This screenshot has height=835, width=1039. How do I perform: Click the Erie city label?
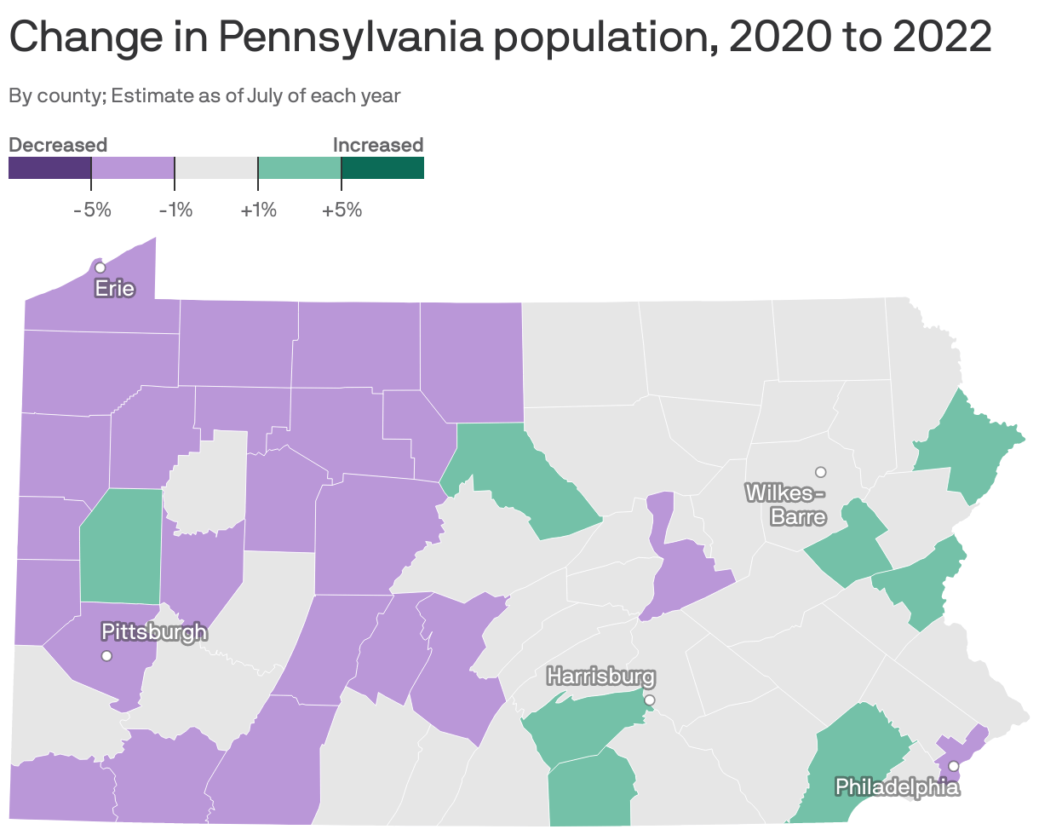coord(114,289)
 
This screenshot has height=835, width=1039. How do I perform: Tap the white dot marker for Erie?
coord(100,268)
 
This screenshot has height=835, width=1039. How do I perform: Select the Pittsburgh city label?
coord(153,631)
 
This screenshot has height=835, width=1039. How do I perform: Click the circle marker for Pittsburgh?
coord(106,655)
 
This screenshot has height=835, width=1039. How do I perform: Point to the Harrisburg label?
coord(601,677)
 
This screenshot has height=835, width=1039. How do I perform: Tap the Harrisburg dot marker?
coord(650,700)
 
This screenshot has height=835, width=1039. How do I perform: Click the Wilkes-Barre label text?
coord(786,504)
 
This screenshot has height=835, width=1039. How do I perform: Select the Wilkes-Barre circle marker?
coord(820,471)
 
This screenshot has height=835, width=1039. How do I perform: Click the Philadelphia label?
coord(897,786)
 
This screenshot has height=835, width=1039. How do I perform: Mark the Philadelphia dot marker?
coord(953,766)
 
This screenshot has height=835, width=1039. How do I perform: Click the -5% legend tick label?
coord(92,210)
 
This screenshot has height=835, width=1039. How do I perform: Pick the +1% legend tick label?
coord(258,210)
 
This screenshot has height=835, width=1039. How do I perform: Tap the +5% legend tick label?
coord(342,210)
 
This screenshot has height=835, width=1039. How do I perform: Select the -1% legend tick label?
coord(175,210)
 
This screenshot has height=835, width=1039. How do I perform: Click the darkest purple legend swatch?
coord(49,168)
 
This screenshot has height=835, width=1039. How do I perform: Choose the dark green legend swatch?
coord(382,168)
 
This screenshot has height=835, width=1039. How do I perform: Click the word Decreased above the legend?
coord(58,145)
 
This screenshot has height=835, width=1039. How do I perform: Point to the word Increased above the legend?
coord(377,145)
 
